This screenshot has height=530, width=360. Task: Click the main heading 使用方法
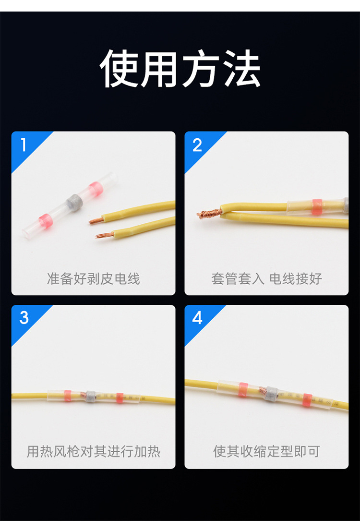pos(180,68)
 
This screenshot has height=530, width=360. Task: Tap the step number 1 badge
pos(23,145)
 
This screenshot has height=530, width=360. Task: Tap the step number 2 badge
pos(197,145)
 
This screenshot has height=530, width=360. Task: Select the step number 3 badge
pos(24,317)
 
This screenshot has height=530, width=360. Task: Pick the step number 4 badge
pos(197,318)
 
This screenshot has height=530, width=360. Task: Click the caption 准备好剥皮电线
pos(94,278)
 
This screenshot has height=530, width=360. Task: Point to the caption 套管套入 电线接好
pos(266,278)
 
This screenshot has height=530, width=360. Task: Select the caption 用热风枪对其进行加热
pos(94,451)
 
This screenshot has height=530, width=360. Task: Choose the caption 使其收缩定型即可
pos(266,451)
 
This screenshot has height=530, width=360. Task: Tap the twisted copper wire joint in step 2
pos(209,214)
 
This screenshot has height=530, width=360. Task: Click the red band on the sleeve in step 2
pos(316,206)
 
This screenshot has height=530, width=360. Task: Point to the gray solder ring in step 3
pos(90,397)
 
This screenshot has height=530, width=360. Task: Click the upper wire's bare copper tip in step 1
pos(96,220)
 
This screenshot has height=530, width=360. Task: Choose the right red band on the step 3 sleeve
pos(120,398)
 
